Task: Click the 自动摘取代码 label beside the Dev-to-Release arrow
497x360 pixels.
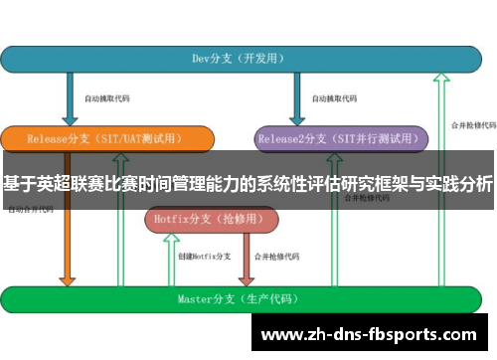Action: coord(106,98)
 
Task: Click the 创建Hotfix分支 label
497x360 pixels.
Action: coord(204,257)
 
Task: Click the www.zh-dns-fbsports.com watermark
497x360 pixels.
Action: coord(373,333)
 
